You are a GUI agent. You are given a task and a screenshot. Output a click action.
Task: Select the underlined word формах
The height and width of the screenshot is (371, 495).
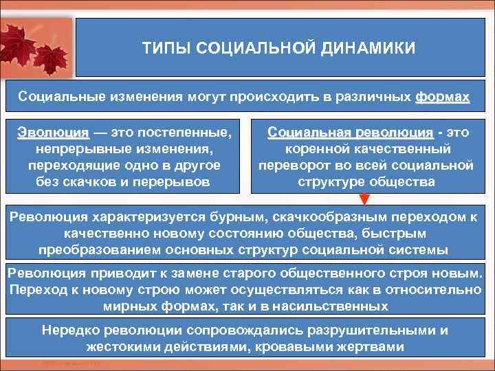442,97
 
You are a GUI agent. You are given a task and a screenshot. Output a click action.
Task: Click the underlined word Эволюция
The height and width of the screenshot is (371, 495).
53,132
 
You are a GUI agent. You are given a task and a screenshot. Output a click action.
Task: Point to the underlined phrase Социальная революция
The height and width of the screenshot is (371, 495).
350,132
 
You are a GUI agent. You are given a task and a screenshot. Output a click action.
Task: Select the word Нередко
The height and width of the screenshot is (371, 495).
68,330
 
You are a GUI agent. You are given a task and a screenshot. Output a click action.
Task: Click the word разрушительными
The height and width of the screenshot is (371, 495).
369,330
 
